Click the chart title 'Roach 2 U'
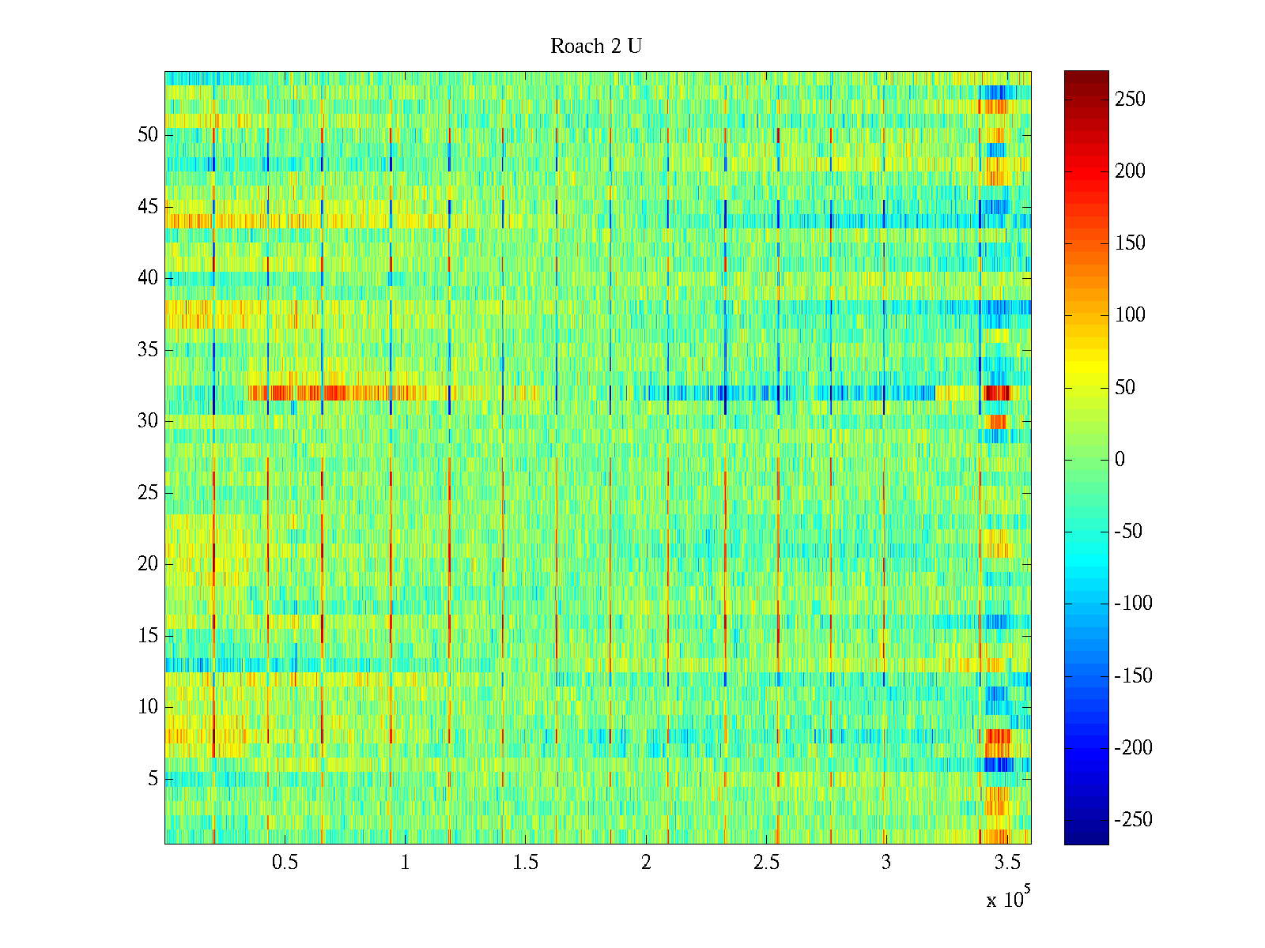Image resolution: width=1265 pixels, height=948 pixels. (595, 47)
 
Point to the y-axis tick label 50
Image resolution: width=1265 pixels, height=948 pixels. (148, 135)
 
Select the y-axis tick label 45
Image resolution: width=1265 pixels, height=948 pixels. (148, 207)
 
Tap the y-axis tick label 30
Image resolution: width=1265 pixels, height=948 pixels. (148, 421)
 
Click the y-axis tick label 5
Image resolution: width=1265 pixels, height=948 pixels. (153, 779)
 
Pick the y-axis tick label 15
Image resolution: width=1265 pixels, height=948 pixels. (148, 636)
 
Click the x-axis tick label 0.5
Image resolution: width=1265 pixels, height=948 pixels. (285, 863)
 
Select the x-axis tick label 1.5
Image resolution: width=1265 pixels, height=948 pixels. (526, 863)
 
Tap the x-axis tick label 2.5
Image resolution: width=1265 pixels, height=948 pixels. (766, 863)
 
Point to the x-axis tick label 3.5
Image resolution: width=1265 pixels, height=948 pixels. (1007, 863)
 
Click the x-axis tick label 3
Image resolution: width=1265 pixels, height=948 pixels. (886, 863)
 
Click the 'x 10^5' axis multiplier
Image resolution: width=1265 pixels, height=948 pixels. (1008, 899)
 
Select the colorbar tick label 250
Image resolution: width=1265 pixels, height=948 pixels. (1130, 100)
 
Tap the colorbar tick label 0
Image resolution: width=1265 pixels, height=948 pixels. (1120, 460)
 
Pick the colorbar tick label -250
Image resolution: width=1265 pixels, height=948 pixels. (1133, 820)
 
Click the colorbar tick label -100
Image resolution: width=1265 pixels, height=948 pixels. (1133, 604)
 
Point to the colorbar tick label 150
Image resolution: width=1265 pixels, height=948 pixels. (1130, 243)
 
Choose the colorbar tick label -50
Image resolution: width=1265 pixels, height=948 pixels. (1128, 532)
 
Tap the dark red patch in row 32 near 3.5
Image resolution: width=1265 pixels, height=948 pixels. (997, 393)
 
